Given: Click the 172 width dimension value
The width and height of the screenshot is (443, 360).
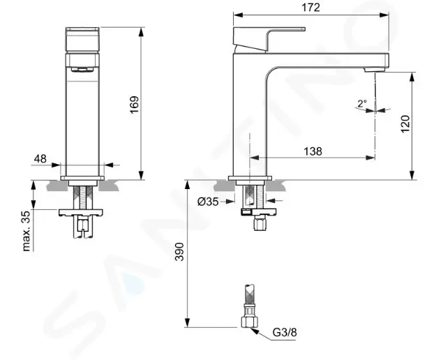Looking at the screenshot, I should pos(310,8).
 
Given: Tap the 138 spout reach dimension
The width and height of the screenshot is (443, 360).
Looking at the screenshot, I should pos(312,151).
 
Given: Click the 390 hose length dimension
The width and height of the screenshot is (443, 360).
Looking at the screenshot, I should pos(179,252).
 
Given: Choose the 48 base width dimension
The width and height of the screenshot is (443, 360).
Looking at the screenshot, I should pos(40,159).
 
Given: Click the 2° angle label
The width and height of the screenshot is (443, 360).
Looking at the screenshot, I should pos(361,104).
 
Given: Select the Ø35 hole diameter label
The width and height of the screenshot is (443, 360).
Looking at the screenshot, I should pos(209,202).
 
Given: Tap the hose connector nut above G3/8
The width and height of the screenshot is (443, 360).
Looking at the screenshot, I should pos(248,320).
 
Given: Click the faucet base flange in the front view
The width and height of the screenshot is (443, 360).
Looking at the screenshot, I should pos(83,179).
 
